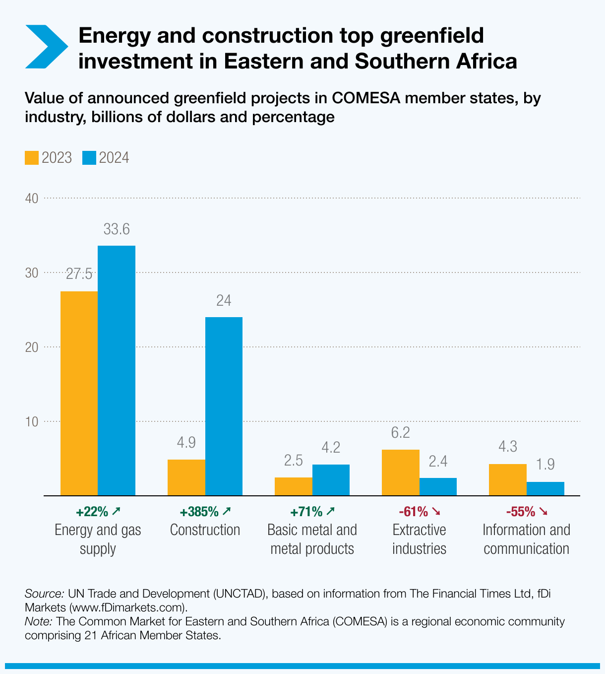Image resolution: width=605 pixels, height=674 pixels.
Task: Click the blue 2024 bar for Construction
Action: pyautogui.click(x=224, y=406)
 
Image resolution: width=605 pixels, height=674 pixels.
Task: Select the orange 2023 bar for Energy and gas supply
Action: pyautogui.click(x=79, y=393)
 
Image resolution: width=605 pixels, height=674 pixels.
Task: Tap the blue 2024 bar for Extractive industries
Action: pyautogui.click(x=438, y=486)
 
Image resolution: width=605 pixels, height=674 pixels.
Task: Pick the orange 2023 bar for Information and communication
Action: pyautogui.click(x=507, y=479)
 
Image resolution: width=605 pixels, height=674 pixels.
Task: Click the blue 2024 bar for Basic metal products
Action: pyautogui.click(x=331, y=480)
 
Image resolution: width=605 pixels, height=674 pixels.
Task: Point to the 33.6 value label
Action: pyautogui.click(x=117, y=229)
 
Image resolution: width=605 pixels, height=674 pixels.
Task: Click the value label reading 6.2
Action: pyautogui.click(x=400, y=433)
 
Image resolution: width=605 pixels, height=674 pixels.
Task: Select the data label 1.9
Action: pyautogui.click(x=545, y=465)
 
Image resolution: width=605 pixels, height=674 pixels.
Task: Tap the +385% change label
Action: pyautogui.click(x=199, y=511)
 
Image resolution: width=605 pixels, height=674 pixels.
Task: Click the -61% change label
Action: pyautogui.click(x=413, y=511)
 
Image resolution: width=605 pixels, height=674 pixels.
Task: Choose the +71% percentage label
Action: pyautogui.click(x=306, y=511)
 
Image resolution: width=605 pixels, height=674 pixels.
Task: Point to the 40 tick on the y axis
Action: pyautogui.click(x=32, y=199)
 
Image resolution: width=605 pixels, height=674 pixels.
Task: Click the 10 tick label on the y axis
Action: pyautogui.click(x=32, y=422)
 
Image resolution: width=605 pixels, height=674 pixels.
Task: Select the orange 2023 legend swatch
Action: pyautogui.click(x=31, y=158)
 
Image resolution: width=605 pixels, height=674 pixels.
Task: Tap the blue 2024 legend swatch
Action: pyautogui.click(x=89, y=158)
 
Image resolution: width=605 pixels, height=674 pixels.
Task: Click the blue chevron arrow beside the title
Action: pyautogui.click(x=46, y=47)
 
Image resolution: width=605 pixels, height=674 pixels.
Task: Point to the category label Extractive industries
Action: pyautogui.click(x=419, y=539)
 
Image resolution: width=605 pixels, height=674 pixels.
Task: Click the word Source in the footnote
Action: pyautogui.click(x=44, y=594)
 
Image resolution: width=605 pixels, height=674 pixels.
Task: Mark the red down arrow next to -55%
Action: pyautogui.click(x=544, y=511)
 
